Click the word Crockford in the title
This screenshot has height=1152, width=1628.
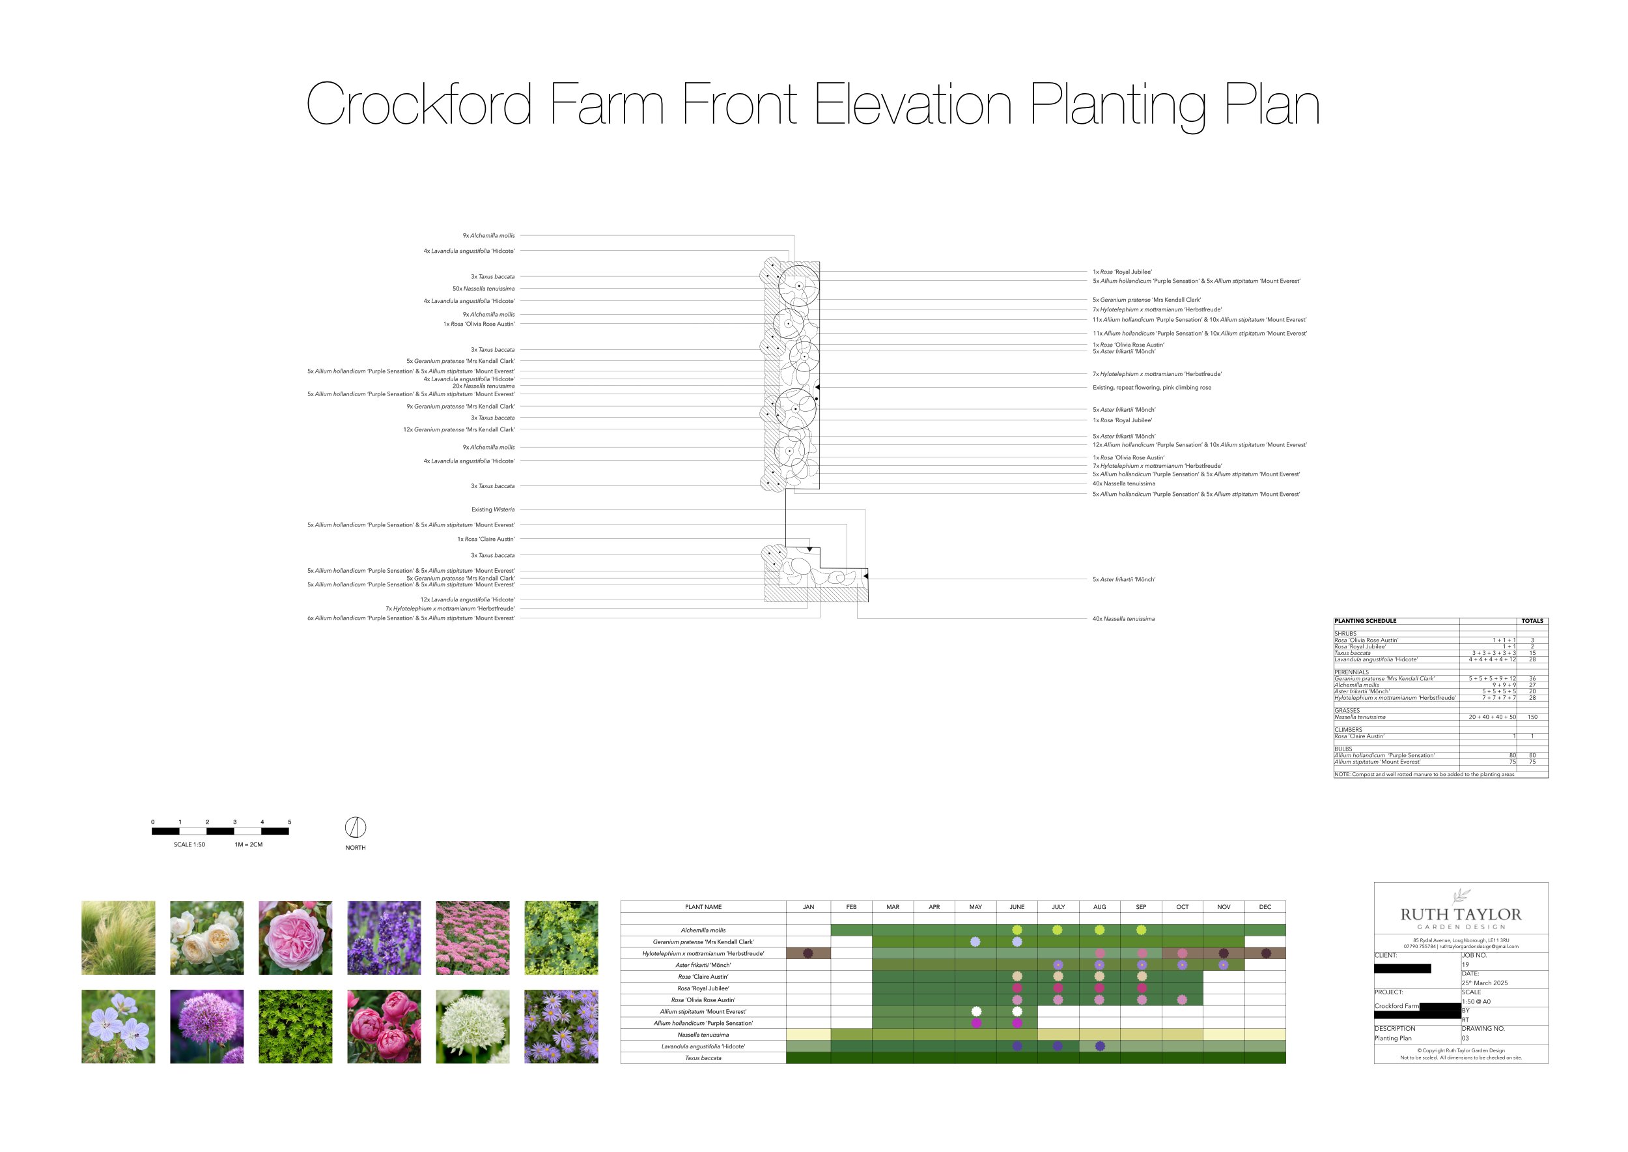click(x=418, y=104)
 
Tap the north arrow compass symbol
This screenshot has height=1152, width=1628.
click(x=356, y=827)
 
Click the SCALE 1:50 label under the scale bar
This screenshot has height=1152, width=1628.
click(x=189, y=845)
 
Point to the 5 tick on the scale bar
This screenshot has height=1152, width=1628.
click(x=289, y=822)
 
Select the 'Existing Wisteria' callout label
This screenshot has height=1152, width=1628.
click(x=493, y=510)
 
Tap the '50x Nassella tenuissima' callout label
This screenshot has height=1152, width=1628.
click(x=484, y=289)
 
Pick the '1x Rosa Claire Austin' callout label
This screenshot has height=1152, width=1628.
click(x=486, y=539)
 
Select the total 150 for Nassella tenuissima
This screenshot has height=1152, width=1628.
click(x=1532, y=717)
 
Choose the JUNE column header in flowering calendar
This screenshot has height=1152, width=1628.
click(x=1017, y=907)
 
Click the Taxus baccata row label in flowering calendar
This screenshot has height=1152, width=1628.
click(x=703, y=1058)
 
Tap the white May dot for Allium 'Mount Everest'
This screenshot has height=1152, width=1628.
click(x=976, y=1011)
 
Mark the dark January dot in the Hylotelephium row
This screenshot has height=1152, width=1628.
click(x=807, y=953)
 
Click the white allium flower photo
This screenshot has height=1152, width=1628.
click(x=472, y=1026)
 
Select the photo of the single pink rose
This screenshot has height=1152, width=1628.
click(x=295, y=938)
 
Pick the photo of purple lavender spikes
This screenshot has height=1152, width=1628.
click(x=384, y=938)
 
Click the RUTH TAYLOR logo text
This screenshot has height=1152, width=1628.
click(x=1461, y=914)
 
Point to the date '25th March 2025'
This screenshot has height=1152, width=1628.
click(x=1484, y=983)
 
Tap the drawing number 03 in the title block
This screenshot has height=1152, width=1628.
click(x=1465, y=1038)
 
